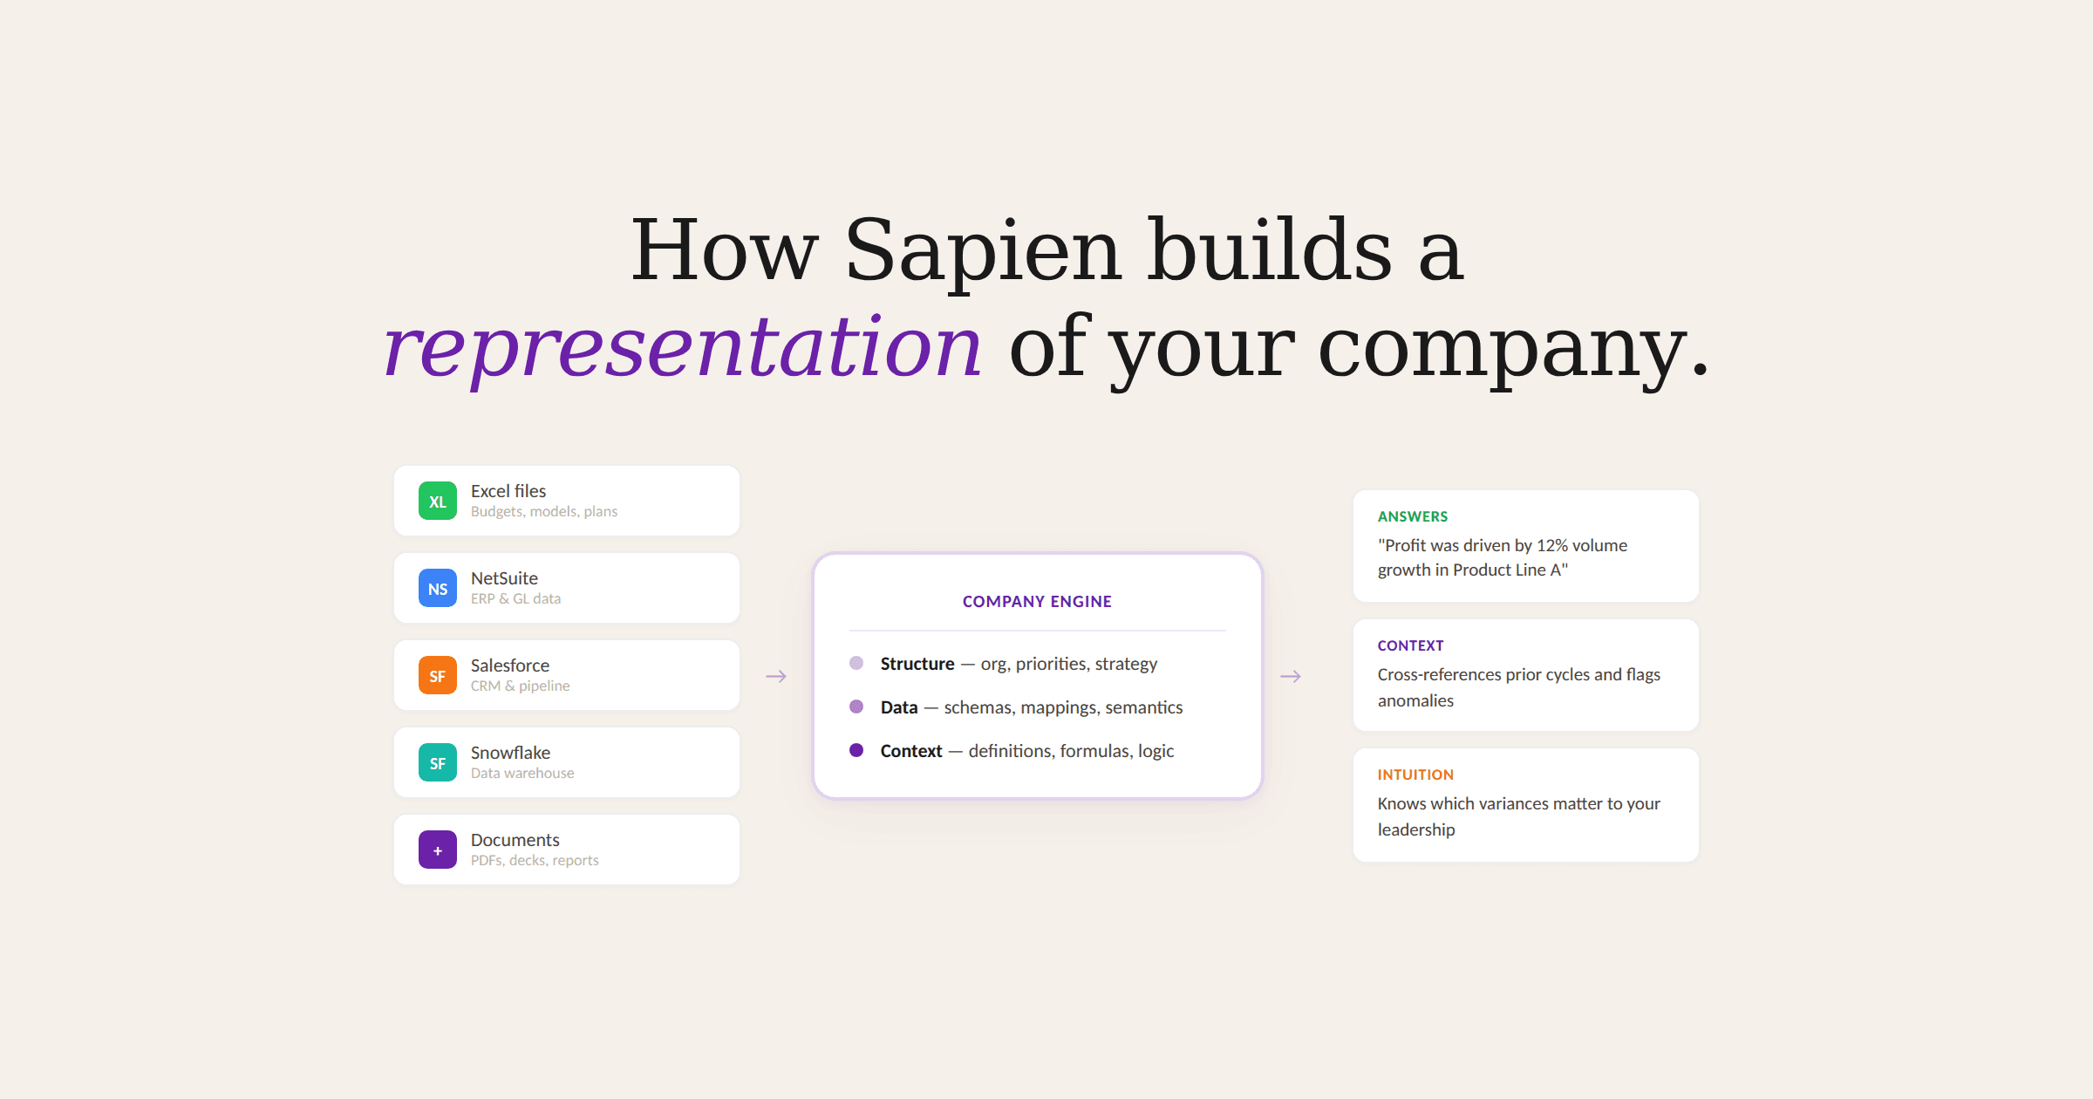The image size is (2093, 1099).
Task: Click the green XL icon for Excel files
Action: tap(438, 501)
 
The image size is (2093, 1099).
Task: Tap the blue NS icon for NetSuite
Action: tap(438, 588)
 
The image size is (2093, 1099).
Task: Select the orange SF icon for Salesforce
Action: tap(438, 675)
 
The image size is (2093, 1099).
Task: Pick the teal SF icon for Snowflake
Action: tap(438, 762)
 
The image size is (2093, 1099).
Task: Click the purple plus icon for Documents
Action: tap(438, 850)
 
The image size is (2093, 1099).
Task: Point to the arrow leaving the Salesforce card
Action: tap(776, 676)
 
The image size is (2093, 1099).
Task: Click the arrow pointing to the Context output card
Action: tap(1291, 676)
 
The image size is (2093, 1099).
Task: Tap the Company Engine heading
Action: tap(1037, 601)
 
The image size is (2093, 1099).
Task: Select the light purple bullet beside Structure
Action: tap(856, 663)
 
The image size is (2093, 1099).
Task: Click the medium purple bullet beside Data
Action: tap(856, 706)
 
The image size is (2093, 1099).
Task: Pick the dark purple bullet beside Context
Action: tap(856, 750)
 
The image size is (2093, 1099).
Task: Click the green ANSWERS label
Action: tap(1413, 516)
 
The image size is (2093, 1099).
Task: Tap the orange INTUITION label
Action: tap(1415, 775)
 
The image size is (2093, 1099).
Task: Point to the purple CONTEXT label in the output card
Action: tap(1411, 645)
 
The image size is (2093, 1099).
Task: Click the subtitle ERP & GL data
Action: tap(515, 598)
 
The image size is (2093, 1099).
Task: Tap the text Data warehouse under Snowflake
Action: tap(522, 773)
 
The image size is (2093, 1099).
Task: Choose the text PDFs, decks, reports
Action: tap(535, 860)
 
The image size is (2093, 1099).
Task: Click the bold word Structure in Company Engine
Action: tap(917, 664)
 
